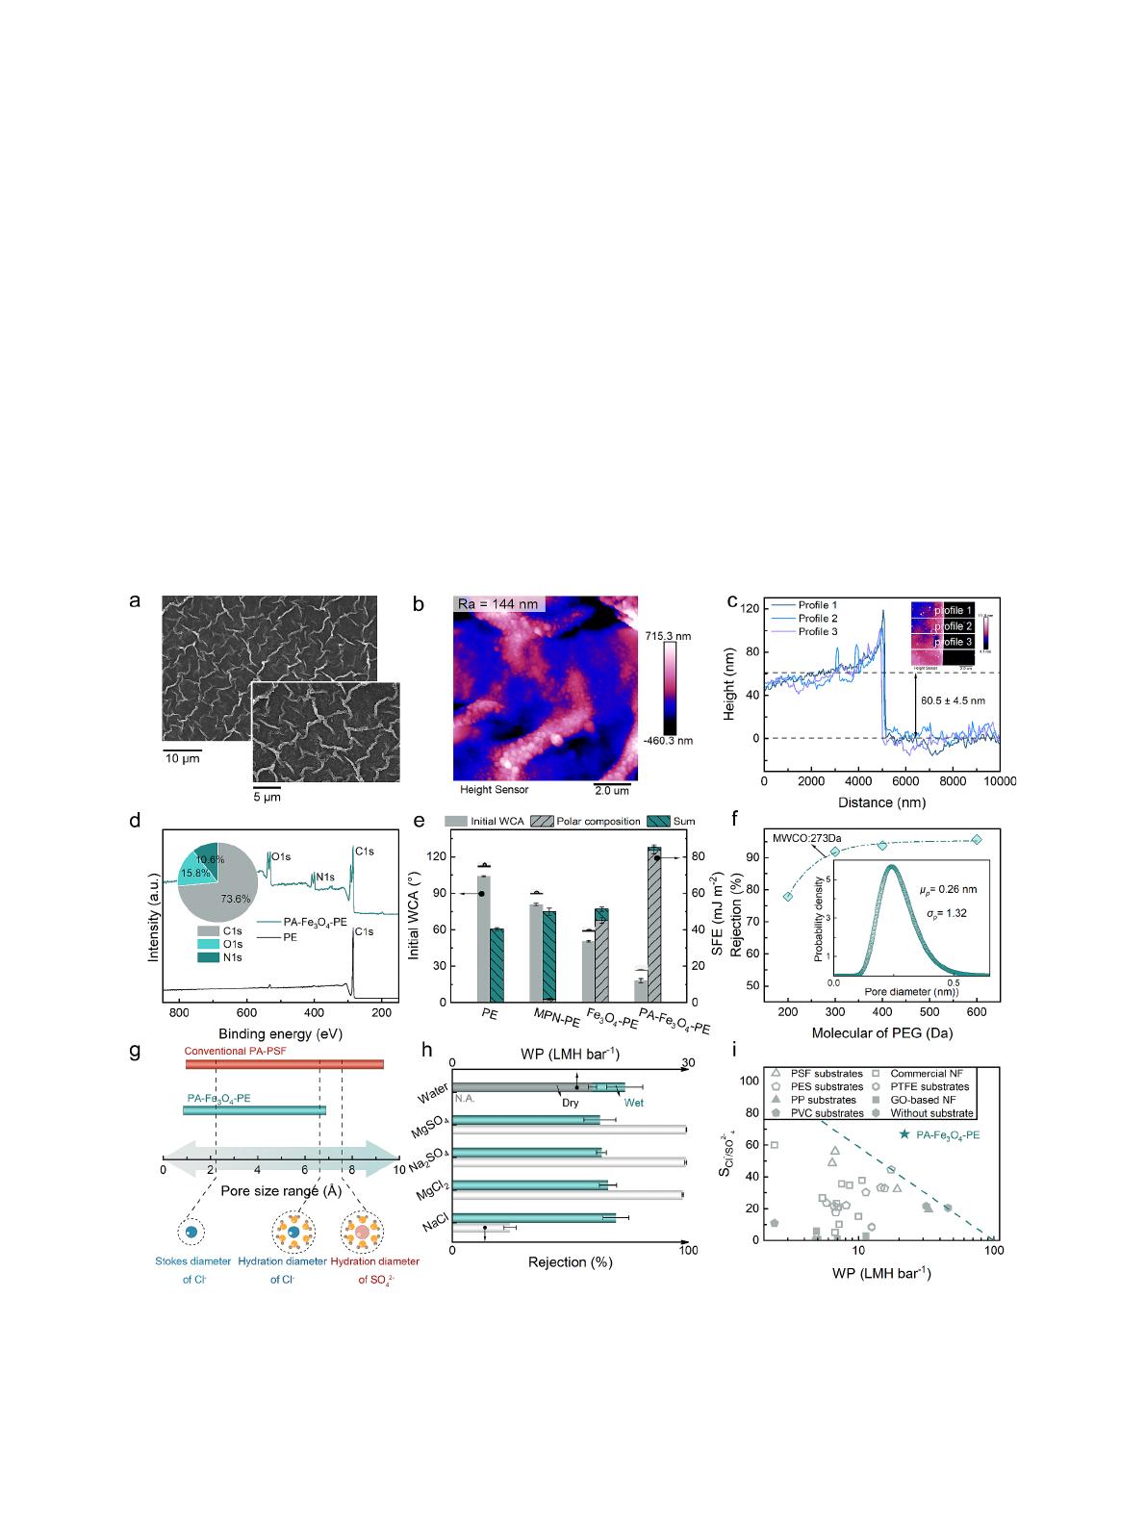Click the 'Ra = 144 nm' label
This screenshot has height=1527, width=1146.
(x=499, y=604)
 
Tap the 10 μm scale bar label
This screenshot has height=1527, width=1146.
(x=181, y=759)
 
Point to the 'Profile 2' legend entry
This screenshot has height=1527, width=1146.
(x=818, y=618)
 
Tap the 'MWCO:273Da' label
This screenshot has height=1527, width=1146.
(x=804, y=838)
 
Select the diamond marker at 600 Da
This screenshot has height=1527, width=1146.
(x=977, y=840)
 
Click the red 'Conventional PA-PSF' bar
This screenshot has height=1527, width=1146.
(x=285, y=1064)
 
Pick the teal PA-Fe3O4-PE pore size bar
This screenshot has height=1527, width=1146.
(x=254, y=1110)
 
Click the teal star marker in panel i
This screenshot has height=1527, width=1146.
(x=904, y=1134)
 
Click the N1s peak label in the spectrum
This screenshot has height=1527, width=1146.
(x=325, y=876)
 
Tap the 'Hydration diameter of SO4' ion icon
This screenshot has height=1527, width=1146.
(x=362, y=1232)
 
